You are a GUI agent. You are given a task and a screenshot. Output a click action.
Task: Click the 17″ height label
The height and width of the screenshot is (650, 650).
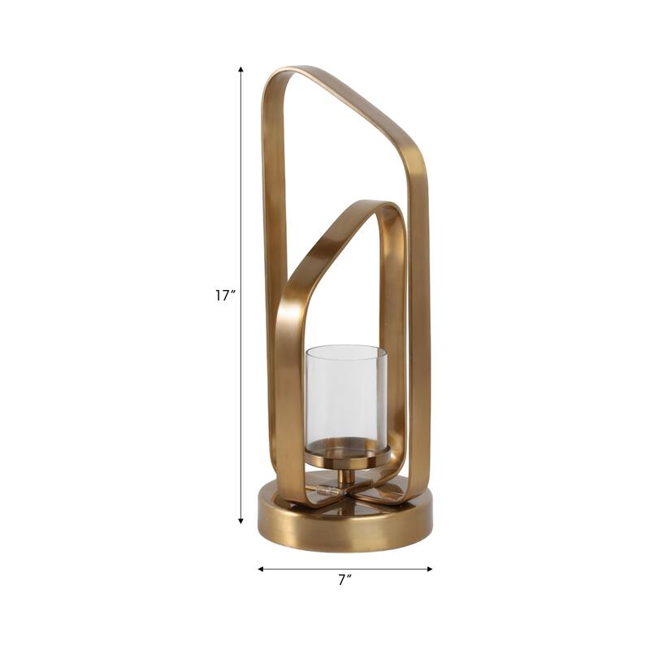[x=225, y=296]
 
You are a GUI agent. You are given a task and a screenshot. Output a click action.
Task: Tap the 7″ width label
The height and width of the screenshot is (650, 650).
[x=345, y=580]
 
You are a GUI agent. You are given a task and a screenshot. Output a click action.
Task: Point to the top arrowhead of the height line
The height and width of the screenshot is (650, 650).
[x=241, y=71]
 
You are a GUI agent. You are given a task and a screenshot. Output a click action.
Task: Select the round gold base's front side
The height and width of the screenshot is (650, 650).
[x=345, y=532]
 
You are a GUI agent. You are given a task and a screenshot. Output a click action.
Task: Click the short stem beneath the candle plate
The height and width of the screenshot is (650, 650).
[x=347, y=478]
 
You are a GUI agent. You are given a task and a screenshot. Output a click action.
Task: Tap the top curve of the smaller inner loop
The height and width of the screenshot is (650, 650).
[x=378, y=208]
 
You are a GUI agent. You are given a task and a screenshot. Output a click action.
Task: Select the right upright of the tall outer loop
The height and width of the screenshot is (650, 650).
[x=419, y=325]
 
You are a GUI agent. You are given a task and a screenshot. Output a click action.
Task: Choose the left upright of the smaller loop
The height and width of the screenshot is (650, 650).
[x=288, y=390]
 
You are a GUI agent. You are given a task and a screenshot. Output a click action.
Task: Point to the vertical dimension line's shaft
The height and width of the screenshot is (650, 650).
[x=241, y=203]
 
